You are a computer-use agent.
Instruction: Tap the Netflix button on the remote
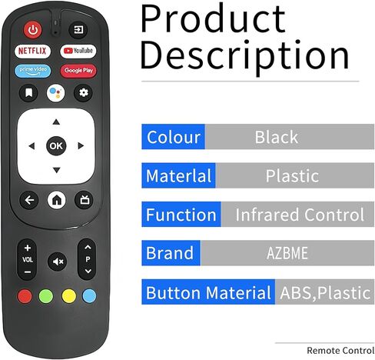tap(32, 51)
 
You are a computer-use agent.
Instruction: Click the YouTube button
tap(78, 51)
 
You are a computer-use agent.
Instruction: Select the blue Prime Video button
tap(33, 71)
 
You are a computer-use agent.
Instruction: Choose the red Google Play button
tap(78, 71)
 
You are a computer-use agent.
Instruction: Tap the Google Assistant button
tap(56, 93)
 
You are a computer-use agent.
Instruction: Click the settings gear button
tap(83, 93)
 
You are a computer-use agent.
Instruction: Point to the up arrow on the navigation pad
tap(56, 122)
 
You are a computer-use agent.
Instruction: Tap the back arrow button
tap(29, 200)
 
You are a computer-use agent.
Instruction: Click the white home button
tap(57, 200)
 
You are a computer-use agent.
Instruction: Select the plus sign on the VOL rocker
tap(28, 248)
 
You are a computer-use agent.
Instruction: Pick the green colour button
tap(46, 296)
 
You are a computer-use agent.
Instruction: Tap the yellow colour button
tap(69, 296)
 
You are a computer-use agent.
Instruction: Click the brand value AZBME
tap(287, 253)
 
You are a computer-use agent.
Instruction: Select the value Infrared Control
tap(300, 215)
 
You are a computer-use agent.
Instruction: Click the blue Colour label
tap(174, 137)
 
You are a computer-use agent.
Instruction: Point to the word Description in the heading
tap(245, 55)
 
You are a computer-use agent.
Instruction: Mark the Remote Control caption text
tap(340, 351)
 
